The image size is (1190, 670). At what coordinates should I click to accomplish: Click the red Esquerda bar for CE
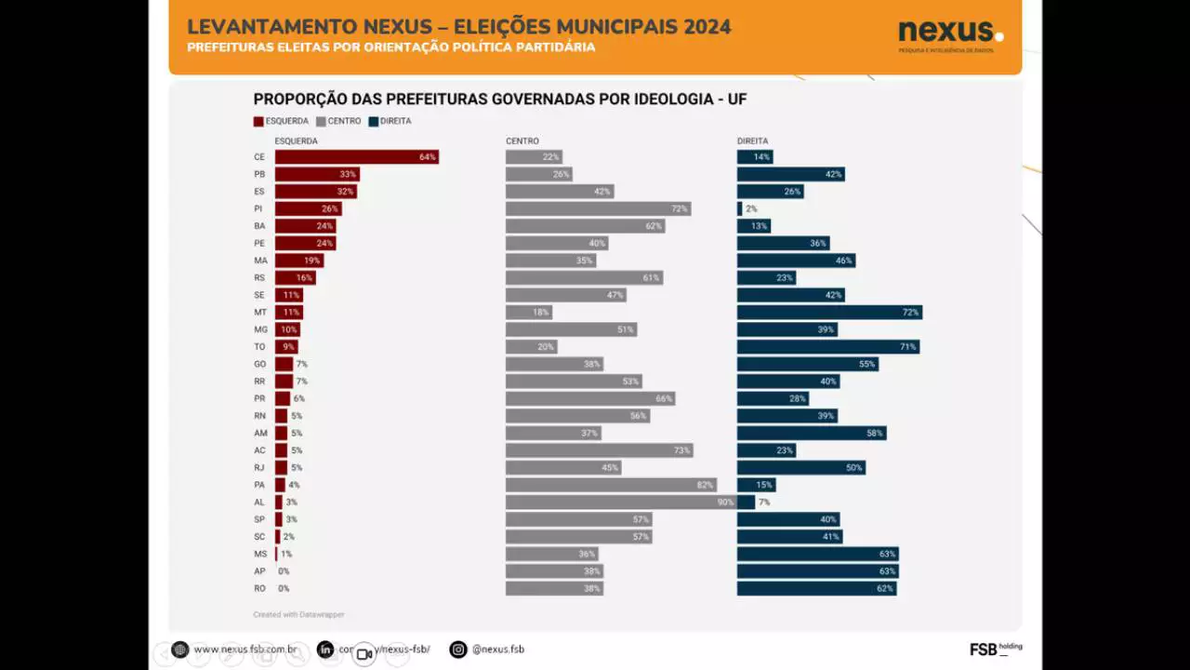(356, 157)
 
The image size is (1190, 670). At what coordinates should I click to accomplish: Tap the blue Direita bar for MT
(829, 313)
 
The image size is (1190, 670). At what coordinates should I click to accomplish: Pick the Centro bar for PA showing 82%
(611, 485)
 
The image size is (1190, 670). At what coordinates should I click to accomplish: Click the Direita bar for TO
(828, 347)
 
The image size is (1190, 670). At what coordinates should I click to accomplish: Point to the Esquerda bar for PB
(317, 174)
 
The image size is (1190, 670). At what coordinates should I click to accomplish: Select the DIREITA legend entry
(390, 121)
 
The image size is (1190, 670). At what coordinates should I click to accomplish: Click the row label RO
(259, 588)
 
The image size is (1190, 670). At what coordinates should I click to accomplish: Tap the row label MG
(260, 329)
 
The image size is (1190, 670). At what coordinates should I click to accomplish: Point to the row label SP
(259, 519)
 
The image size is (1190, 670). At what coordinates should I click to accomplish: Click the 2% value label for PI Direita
(751, 209)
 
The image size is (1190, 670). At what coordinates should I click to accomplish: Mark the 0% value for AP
(284, 571)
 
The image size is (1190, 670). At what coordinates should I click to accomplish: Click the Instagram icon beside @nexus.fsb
(458, 650)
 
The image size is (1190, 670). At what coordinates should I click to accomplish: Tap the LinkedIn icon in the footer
(325, 650)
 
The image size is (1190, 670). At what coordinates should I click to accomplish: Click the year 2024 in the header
(707, 27)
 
